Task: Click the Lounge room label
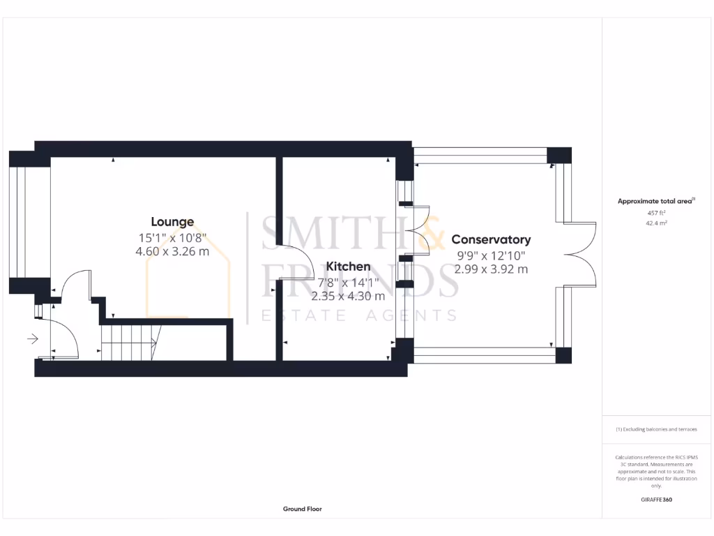click(172, 222)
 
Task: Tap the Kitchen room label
click(348, 267)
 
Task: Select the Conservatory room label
click(491, 239)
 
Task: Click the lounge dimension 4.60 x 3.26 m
click(172, 251)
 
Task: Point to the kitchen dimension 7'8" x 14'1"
click(348, 283)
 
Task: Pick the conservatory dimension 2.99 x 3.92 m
click(491, 269)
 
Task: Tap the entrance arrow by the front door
click(32, 339)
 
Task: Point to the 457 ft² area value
click(656, 212)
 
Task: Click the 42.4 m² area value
click(656, 224)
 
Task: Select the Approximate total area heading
click(655, 201)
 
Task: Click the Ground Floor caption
click(302, 509)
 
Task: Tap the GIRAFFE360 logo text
click(656, 500)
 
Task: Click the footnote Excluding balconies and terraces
click(656, 429)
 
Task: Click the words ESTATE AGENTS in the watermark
click(359, 316)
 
